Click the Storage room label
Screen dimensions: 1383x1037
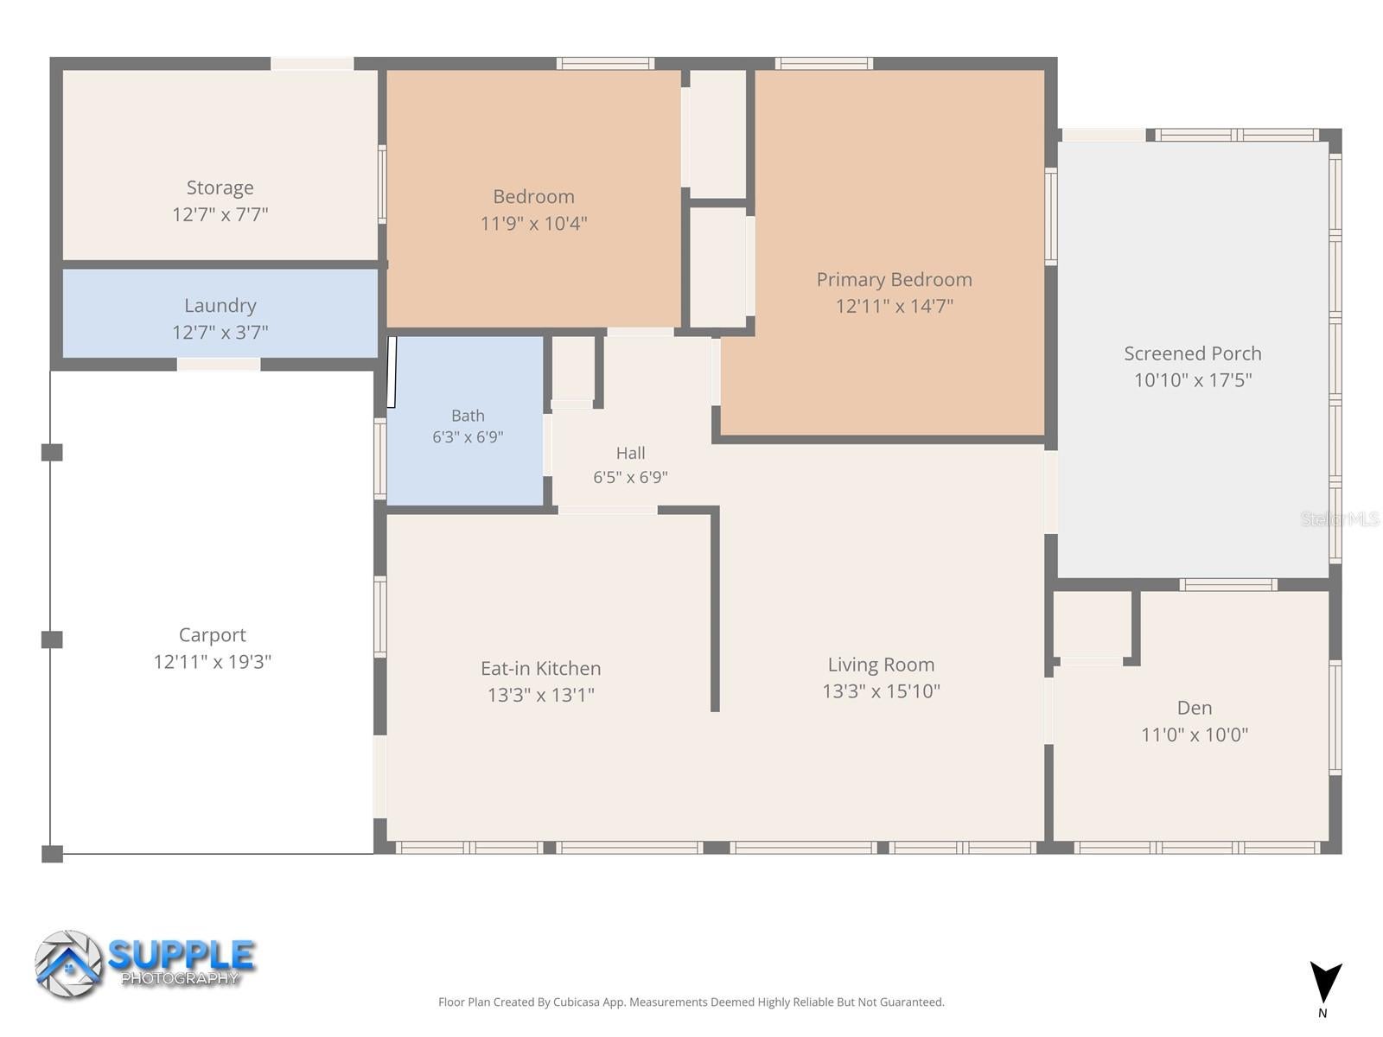click(220, 188)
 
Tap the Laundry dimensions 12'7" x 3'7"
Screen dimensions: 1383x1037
click(220, 332)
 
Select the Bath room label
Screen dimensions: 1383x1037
click(468, 416)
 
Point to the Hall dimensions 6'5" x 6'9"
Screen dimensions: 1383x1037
click(630, 477)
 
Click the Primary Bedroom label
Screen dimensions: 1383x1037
click(894, 279)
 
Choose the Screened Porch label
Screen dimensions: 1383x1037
click(1193, 353)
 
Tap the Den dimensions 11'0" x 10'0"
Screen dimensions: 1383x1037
click(1195, 735)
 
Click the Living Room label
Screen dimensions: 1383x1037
click(881, 665)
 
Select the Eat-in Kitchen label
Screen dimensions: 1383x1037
click(540, 668)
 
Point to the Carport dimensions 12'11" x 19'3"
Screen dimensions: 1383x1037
click(213, 662)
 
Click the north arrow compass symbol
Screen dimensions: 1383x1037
click(1326, 983)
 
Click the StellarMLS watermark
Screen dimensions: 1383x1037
click(1340, 519)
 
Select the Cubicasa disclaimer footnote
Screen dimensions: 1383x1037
click(691, 1002)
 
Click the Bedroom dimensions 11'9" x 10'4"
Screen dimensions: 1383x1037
click(533, 224)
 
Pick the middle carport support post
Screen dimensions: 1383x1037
click(52, 639)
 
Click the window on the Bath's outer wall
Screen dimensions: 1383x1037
click(380, 459)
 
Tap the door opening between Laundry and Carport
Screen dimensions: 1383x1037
click(219, 364)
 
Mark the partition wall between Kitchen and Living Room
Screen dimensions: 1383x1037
click(715, 609)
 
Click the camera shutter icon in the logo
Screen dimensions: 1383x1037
click(68, 964)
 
